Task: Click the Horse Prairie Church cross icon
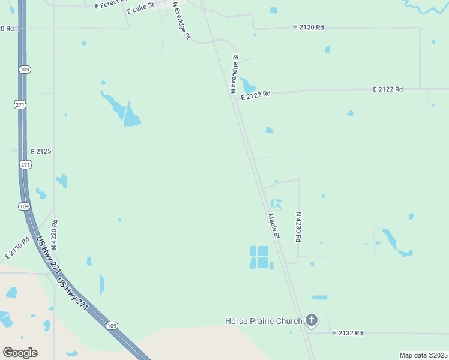pyautogui.click(x=311, y=320)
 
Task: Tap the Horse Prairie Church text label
pyautogui.click(x=264, y=321)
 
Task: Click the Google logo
pyautogui.click(x=20, y=353)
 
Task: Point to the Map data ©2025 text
pyautogui.click(x=424, y=355)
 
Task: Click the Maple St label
pyautogui.click(x=274, y=226)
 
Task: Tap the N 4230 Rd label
pyautogui.click(x=298, y=227)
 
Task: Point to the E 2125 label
pyautogui.click(x=41, y=151)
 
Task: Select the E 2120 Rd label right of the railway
pyautogui.click(x=309, y=28)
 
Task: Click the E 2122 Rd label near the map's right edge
pyautogui.click(x=387, y=89)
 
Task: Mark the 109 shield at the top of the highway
pyautogui.click(x=24, y=70)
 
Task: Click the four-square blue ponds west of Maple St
pyautogui.click(x=259, y=257)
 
